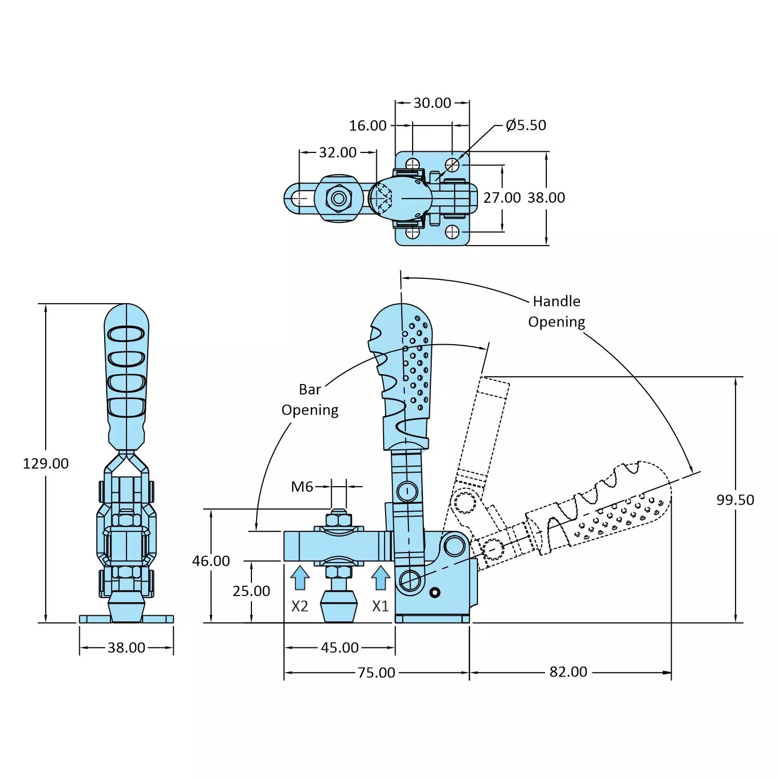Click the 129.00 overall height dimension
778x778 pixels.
(x=46, y=463)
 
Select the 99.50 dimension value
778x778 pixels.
(x=735, y=500)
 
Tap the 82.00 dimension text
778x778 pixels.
(x=568, y=672)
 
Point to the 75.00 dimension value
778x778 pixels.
(x=376, y=673)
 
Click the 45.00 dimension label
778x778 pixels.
(x=340, y=647)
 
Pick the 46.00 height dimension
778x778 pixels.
(x=211, y=561)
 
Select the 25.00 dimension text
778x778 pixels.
(x=251, y=591)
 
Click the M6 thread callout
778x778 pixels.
(x=302, y=487)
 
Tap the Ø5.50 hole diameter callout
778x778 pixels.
(x=526, y=125)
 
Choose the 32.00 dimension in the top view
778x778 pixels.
(x=337, y=152)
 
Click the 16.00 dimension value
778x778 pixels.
(x=367, y=125)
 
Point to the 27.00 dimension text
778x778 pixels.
(x=502, y=197)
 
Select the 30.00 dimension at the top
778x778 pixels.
(x=432, y=103)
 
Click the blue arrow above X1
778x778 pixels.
(x=380, y=577)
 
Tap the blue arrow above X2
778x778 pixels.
(x=300, y=577)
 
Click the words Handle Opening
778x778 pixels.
(x=557, y=312)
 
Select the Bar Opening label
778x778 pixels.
(x=310, y=400)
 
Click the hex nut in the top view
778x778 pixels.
(x=339, y=198)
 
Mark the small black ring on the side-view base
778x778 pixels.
(x=435, y=592)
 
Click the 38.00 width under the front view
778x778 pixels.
(x=126, y=647)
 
